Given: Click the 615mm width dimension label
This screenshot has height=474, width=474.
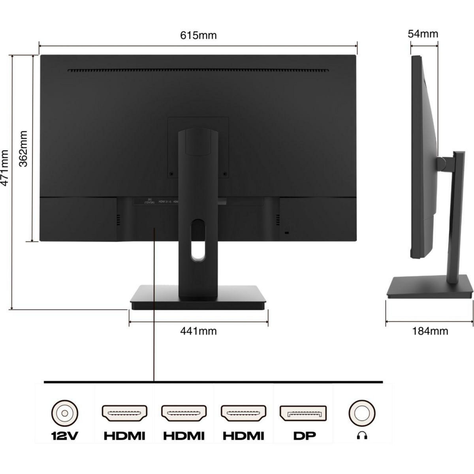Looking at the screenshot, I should pyautogui.click(x=198, y=36).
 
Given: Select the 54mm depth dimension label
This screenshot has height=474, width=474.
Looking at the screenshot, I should pyautogui.click(x=423, y=34).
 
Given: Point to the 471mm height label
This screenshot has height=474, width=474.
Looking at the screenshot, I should pyautogui.click(x=5, y=167).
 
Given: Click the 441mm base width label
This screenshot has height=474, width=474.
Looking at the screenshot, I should pyautogui.click(x=198, y=331).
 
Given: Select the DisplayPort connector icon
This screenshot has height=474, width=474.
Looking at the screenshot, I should pyautogui.click(x=303, y=413).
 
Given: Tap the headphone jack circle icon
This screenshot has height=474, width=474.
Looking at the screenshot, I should pyautogui.click(x=361, y=413).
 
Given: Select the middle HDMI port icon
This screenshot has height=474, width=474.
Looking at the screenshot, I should pyautogui.click(x=184, y=413).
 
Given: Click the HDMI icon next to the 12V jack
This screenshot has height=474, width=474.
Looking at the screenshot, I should pyautogui.click(x=124, y=413).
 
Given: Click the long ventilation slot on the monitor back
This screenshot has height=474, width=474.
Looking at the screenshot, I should pyautogui.click(x=197, y=71).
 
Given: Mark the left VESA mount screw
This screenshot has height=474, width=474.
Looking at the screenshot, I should pyautogui.click(x=171, y=173).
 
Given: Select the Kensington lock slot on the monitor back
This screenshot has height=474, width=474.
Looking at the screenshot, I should pyautogui.click(x=287, y=233).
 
